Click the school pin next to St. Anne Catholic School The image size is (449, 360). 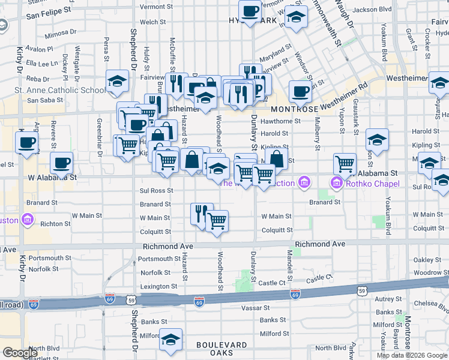click(x=117, y=81)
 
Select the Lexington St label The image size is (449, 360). click(x=158, y=287)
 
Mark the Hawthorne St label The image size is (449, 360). click(x=281, y=121)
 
